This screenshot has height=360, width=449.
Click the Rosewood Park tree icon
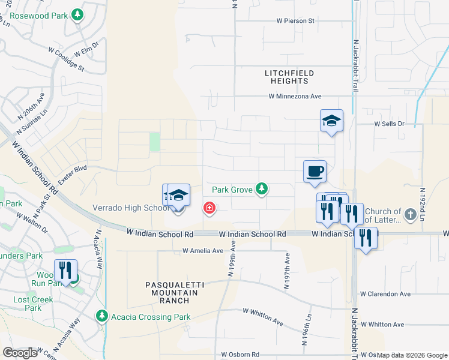77,14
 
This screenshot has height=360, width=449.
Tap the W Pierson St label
295,20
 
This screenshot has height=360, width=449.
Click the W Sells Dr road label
390,124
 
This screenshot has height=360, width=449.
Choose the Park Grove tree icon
261,189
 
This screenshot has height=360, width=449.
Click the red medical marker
209,208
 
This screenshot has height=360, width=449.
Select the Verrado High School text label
130,208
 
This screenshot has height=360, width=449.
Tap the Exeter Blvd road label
73,175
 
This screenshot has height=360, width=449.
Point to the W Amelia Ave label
203,251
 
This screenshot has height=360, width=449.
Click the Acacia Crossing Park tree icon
102,316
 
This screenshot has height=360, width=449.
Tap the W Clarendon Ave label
385,294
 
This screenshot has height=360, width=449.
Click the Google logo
20,353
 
